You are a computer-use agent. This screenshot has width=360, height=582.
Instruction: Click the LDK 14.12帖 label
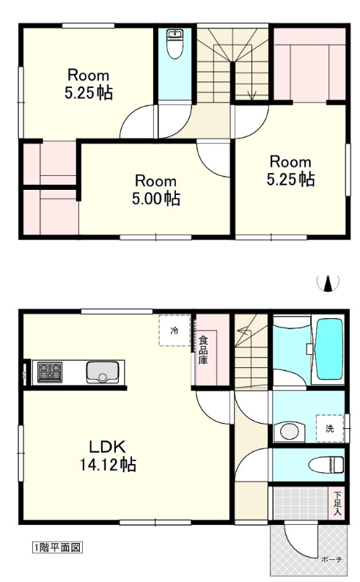click(108, 456)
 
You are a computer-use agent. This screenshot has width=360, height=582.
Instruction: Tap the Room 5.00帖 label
click(156, 190)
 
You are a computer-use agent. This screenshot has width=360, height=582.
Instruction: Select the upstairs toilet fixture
click(175, 44)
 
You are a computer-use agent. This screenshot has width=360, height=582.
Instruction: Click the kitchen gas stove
click(50, 372)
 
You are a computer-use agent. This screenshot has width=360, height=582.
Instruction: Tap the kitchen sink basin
click(103, 372)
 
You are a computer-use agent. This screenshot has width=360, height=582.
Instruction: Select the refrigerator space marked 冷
click(175, 331)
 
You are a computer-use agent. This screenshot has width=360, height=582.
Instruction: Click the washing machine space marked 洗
click(331, 428)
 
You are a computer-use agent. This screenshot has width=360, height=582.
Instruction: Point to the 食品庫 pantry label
click(203, 350)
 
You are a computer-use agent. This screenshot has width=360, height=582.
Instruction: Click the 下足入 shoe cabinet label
click(337, 503)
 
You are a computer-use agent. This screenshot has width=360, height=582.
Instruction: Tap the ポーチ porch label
click(331, 559)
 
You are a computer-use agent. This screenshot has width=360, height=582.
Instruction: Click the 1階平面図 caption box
click(57, 547)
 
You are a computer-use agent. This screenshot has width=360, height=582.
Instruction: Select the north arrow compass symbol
click(328, 283)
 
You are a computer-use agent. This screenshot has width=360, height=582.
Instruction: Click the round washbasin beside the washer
click(289, 432)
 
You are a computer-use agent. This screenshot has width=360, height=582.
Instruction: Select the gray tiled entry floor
click(301, 503)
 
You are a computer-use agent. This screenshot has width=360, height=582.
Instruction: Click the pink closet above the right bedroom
click(310, 65)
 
